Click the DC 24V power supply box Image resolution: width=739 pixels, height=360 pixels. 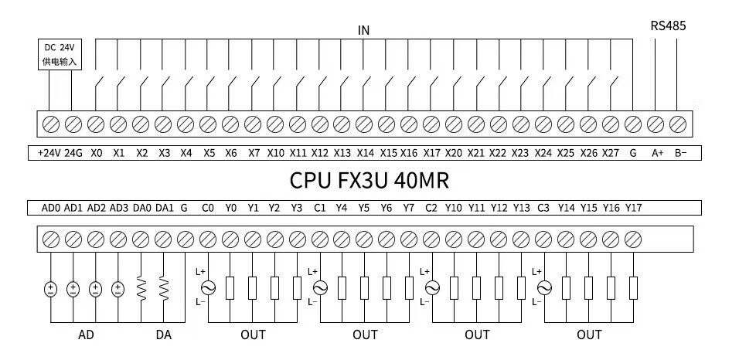tap(60, 53)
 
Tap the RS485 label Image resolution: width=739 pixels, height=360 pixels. tap(668, 25)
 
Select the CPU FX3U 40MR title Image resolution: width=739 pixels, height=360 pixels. tap(369, 180)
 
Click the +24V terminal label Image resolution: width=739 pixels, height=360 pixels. tap(49, 153)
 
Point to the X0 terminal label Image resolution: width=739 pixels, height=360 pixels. tap(96, 153)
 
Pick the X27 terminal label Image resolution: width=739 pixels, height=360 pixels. tap(611, 153)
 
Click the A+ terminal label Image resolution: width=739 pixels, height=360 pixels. tap(657, 153)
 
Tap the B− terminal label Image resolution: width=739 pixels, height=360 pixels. tap(679, 153)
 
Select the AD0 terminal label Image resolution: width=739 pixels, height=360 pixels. tap(50, 208)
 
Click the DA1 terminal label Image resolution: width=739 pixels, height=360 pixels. tap(164, 208)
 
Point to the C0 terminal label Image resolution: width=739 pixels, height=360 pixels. tap(208, 208)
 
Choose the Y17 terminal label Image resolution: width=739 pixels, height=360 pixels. tap(633, 208)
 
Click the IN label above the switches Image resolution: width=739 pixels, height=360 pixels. tap(363, 30)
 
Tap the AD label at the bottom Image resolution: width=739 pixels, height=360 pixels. tap(86, 335)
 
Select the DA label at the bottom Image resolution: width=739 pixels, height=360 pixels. tap(164, 335)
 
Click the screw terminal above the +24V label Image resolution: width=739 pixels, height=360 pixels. tap(51, 124)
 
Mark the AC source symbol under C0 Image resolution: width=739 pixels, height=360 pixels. tap(208, 288)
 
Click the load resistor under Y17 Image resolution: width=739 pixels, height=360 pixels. tap(633, 288)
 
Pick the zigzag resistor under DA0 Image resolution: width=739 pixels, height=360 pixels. tap(141, 289)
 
